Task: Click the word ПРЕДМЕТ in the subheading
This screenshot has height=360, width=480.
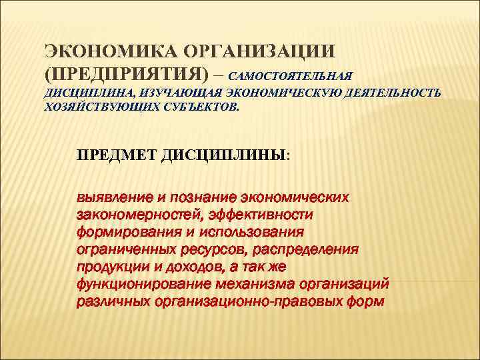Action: [116, 155]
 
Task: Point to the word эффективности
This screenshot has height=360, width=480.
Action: [261, 215]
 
